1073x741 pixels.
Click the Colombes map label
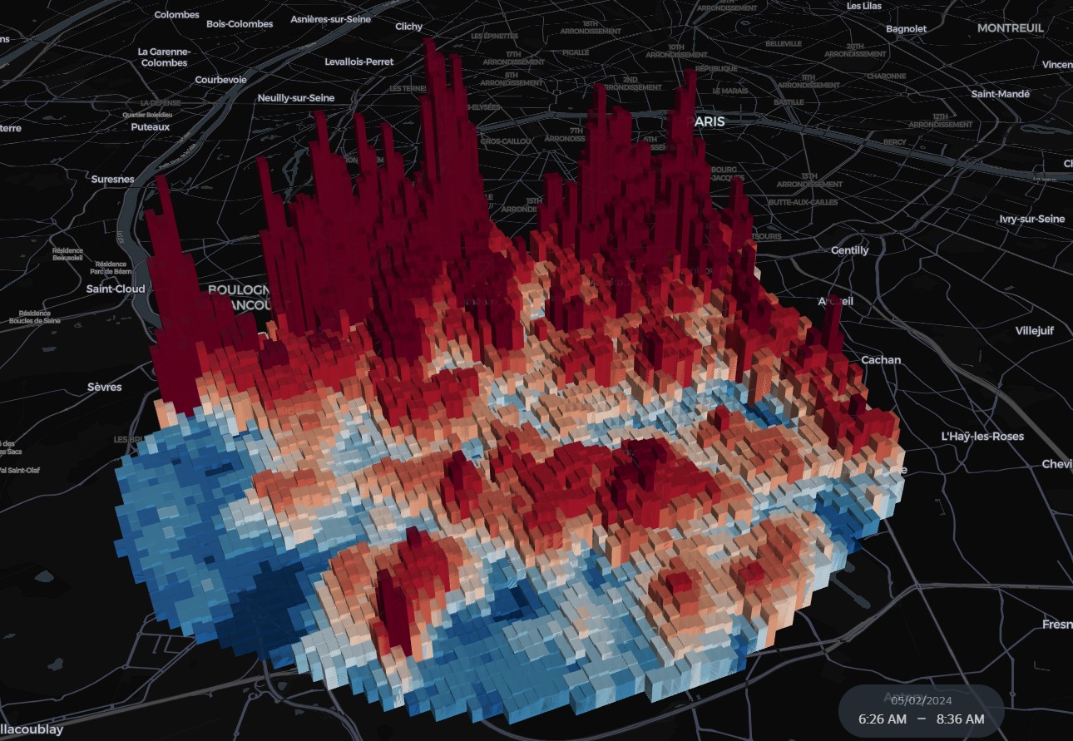[x=176, y=15]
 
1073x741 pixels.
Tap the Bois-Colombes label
[x=240, y=24]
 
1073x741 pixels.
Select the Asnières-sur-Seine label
[x=330, y=19]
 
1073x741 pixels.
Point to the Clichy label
[x=408, y=27]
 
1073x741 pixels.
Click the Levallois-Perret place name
[x=359, y=62]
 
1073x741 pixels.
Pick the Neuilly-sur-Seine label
[x=296, y=98]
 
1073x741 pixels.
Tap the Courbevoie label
[x=220, y=80]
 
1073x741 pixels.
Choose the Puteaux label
[x=151, y=127]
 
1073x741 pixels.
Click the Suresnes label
[x=112, y=179]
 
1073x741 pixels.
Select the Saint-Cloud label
[x=116, y=289]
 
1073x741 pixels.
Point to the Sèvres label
[x=105, y=388]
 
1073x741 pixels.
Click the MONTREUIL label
[x=1011, y=28]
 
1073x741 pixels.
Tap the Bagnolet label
[x=907, y=29]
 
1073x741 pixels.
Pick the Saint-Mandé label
[x=1001, y=94]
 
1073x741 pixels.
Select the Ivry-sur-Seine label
[x=1031, y=219]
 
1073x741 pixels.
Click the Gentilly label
[x=849, y=250]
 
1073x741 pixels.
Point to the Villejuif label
[x=1034, y=331]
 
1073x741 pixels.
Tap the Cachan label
[x=880, y=360]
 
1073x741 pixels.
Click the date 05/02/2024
[x=921, y=700]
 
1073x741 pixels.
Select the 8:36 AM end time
[x=960, y=719]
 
